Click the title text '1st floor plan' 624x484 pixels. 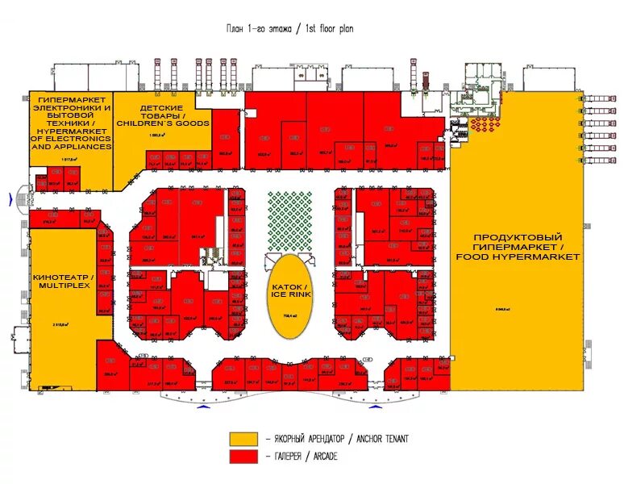click(x=329, y=28)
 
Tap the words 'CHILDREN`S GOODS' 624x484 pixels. click(x=163, y=123)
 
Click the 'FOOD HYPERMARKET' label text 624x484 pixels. click(x=518, y=256)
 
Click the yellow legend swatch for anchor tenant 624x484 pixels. click(x=243, y=439)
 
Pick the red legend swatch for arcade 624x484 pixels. click(x=243, y=457)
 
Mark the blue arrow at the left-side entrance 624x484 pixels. click(x=22, y=198)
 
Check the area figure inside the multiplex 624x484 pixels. click(x=60, y=324)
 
